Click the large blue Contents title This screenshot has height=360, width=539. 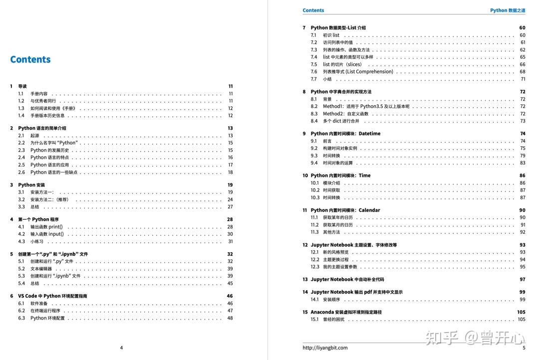click(x=30, y=59)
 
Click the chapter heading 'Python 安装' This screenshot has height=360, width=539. click(x=31, y=185)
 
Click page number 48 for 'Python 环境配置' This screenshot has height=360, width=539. click(x=230, y=318)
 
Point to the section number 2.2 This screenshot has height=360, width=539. click(x=21, y=143)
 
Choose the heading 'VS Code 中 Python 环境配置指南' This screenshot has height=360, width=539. click(x=53, y=296)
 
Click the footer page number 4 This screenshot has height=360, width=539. click(x=121, y=348)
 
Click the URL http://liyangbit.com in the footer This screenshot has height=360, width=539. click(x=325, y=348)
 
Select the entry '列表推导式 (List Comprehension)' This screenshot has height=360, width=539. click(x=358, y=71)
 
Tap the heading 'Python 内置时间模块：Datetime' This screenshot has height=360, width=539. click(x=345, y=134)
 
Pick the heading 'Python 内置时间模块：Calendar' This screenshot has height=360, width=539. click(x=345, y=210)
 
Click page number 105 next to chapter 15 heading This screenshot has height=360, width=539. click(x=521, y=312)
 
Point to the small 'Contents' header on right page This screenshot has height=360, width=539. click(x=313, y=10)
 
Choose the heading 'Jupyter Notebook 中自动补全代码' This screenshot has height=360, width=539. click(x=347, y=280)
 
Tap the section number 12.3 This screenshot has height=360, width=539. click(x=314, y=267)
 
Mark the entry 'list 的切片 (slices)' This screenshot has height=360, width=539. click(x=342, y=64)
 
